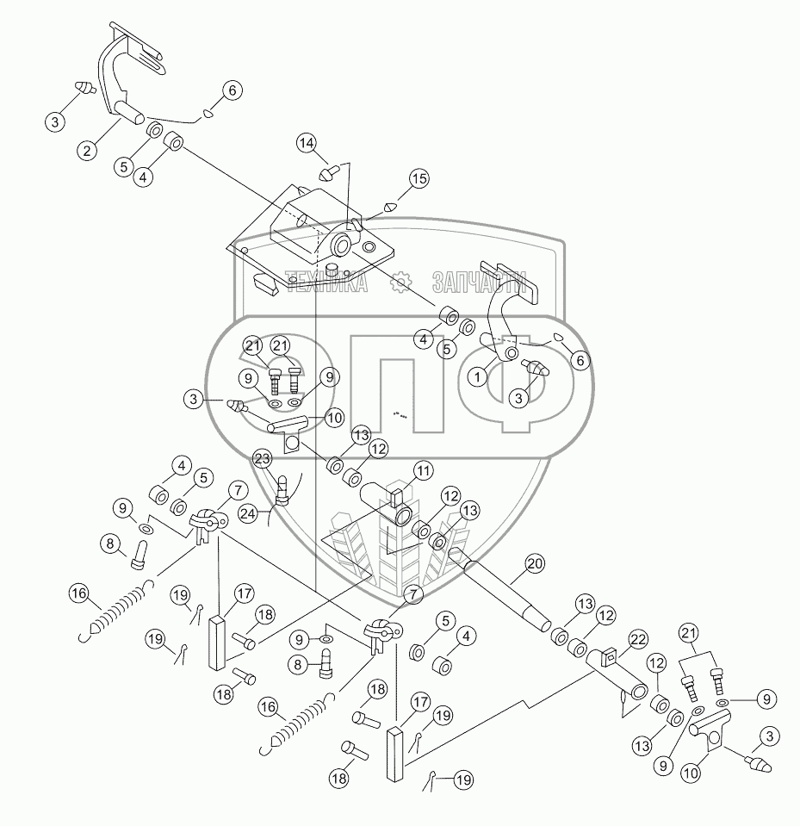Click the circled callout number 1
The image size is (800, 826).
click(x=477, y=377)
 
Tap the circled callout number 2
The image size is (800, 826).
click(x=87, y=151)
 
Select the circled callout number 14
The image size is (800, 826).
click(x=307, y=143)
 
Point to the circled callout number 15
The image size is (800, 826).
click(x=419, y=179)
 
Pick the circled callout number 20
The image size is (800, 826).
click(x=535, y=564)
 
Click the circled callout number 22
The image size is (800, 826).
click(x=638, y=639)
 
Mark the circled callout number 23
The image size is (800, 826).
click(x=263, y=459)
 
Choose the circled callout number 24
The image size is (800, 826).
click(x=248, y=512)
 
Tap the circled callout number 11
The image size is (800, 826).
click(x=424, y=470)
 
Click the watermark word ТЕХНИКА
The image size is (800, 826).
click(x=326, y=283)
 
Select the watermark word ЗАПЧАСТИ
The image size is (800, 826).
click(x=479, y=283)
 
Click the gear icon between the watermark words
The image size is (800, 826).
click(x=400, y=282)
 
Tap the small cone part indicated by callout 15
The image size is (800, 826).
click(x=391, y=206)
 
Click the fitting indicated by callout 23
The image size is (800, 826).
click(x=283, y=490)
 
